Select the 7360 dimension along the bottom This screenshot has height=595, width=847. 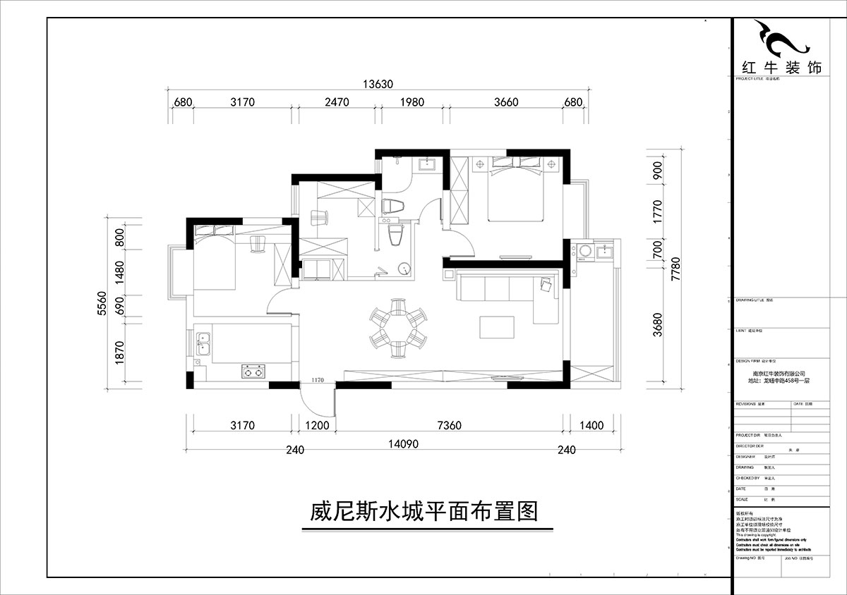pyautogui.click(x=449, y=425)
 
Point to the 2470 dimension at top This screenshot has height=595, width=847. pyautogui.click(x=337, y=102)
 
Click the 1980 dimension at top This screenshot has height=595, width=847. pyautogui.click(x=412, y=102)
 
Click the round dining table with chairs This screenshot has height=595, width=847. pyautogui.click(x=397, y=325)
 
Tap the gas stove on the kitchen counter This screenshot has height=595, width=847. pyautogui.click(x=253, y=370)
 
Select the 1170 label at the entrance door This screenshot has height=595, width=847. pyautogui.click(x=316, y=381)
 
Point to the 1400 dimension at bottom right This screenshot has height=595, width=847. pyautogui.click(x=591, y=425)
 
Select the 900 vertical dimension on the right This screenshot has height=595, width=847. pyautogui.click(x=658, y=171)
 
